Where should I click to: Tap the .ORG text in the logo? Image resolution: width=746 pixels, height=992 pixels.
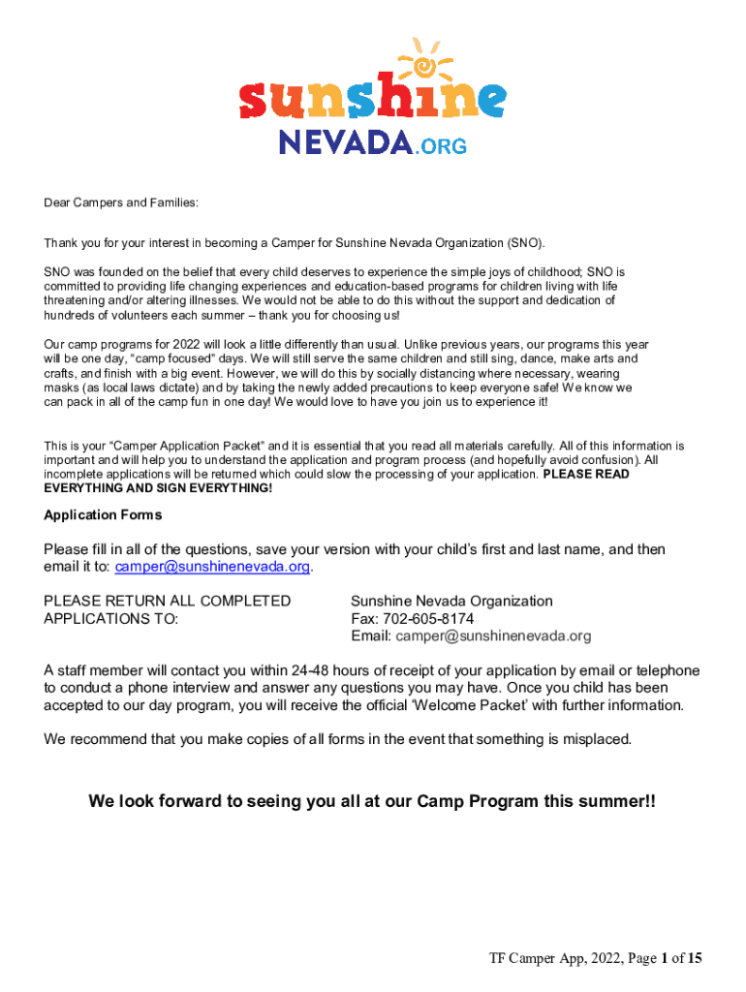click(x=442, y=145)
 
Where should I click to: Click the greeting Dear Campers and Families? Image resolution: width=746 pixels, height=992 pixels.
click(x=121, y=203)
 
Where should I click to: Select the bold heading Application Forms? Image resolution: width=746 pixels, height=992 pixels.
click(x=103, y=515)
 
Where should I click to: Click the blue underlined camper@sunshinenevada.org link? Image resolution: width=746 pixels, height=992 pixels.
click(x=213, y=567)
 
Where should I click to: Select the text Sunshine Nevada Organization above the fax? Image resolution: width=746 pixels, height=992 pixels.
click(x=451, y=602)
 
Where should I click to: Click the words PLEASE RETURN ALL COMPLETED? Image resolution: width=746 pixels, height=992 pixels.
click(x=167, y=602)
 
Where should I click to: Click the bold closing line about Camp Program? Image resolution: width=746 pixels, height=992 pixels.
click(x=372, y=802)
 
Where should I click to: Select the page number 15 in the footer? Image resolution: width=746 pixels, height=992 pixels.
click(x=694, y=959)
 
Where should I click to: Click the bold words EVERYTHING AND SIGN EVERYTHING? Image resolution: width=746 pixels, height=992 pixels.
click(x=158, y=488)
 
